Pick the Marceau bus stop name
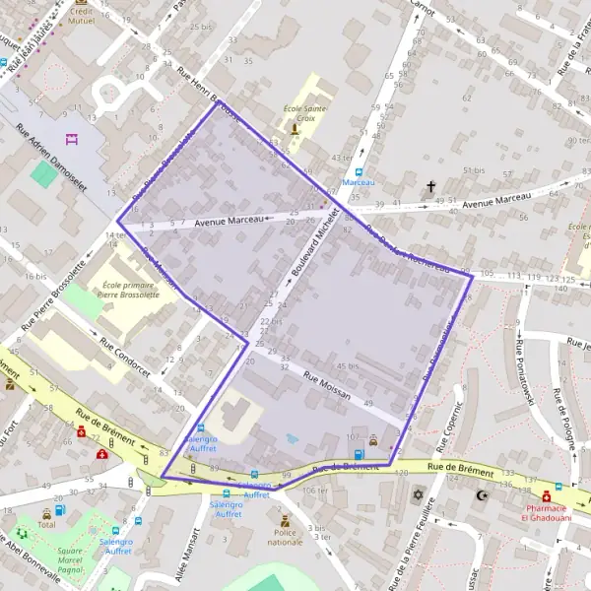(358, 182)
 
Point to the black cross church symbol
(429, 185)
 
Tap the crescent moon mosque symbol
(483, 495)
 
